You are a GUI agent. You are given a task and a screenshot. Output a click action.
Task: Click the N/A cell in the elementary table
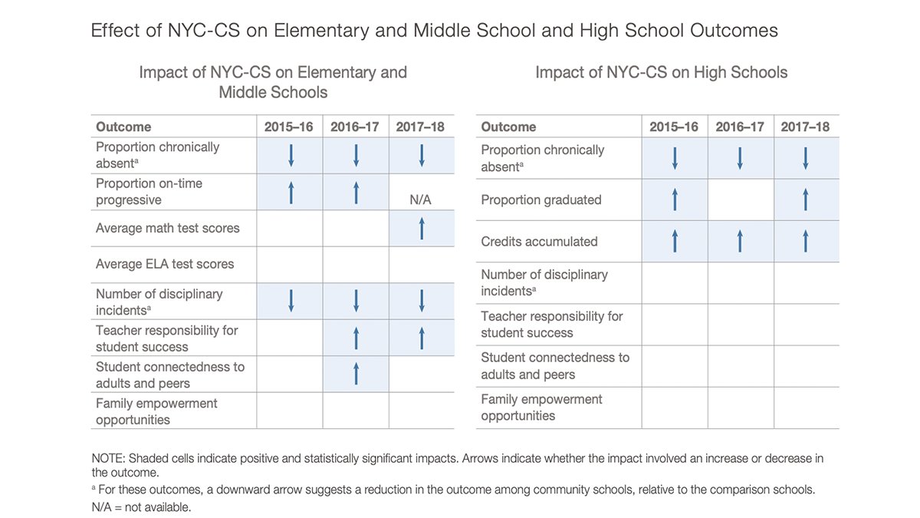[x=422, y=200]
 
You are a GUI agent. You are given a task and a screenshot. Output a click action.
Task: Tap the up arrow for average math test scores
[x=422, y=229]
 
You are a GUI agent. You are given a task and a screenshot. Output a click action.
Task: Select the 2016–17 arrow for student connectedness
[x=356, y=374]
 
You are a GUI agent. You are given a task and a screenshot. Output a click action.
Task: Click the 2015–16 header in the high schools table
[x=674, y=127]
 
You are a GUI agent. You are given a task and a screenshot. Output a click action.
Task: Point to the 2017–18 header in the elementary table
[x=420, y=127]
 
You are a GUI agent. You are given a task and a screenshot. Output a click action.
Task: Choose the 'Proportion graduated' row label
[x=540, y=200]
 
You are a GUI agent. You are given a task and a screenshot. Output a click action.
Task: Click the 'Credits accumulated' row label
[x=539, y=241]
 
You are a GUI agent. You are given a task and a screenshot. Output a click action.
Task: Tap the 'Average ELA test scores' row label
[x=164, y=264]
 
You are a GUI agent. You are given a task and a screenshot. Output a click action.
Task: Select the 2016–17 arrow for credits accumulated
[x=740, y=241]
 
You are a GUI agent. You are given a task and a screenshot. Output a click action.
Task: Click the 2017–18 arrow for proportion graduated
[x=806, y=200]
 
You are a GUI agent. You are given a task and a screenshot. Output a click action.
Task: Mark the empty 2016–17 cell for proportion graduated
[x=740, y=200]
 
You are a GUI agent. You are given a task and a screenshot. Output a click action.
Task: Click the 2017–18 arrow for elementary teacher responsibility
[x=422, y=338]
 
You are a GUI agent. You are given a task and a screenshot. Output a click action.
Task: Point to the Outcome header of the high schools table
[x=508, y=127]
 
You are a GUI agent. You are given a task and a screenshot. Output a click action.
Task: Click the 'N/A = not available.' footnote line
[x=141, y=507]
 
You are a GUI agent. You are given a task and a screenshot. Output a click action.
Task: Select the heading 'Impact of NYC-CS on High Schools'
[x=661, y=73]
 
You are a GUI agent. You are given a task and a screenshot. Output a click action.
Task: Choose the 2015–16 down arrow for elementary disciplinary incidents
[x=290, y=301]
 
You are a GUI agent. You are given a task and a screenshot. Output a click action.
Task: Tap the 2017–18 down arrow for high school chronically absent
[x=806, y=158]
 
